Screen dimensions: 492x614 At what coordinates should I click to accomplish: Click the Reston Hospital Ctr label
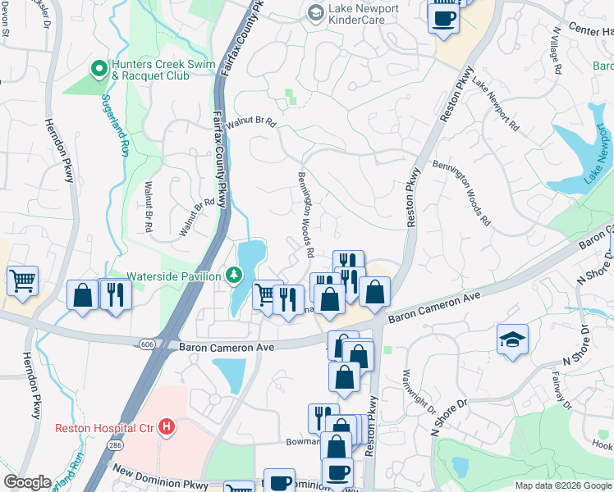point(105,427)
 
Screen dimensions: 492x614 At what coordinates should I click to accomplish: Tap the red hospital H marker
point(167,426)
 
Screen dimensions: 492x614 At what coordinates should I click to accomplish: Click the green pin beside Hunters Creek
point(99,69)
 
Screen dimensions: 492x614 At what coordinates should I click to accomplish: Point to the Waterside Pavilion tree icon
point(234,276)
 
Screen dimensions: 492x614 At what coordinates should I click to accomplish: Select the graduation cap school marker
point(512,340)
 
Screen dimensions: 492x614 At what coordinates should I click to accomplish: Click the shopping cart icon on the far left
point(22,280)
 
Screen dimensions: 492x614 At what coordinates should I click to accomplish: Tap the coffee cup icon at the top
point(443,18)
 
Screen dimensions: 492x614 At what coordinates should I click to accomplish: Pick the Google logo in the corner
point(27,482)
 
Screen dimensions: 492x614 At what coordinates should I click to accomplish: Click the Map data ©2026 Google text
point(563,485)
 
